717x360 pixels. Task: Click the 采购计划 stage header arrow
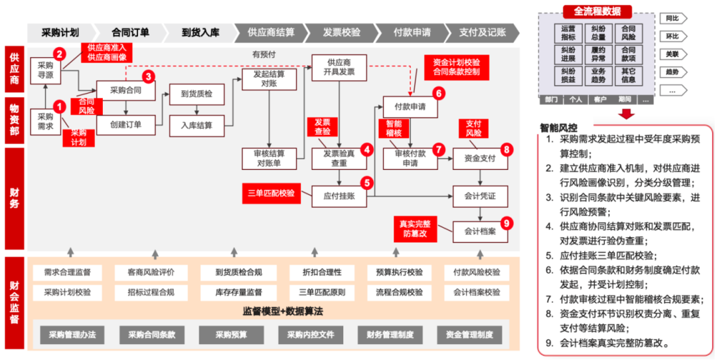coord(60,32)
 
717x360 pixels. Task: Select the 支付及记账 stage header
coord(483,32)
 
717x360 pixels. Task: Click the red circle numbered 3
coord(148,76)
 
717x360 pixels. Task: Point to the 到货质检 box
coord(196,94)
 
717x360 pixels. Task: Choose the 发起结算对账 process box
coord(268,79)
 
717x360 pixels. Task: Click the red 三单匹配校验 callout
coord(270,194)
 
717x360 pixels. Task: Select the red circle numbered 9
coord(507,223)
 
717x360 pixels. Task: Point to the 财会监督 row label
coord(14,302)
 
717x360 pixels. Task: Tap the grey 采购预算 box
coord(231,335)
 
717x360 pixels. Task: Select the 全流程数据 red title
coord(597,11)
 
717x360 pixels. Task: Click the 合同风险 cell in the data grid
coord(628,33)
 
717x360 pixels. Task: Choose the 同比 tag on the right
coord(673,18)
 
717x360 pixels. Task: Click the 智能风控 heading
coord(559,127)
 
